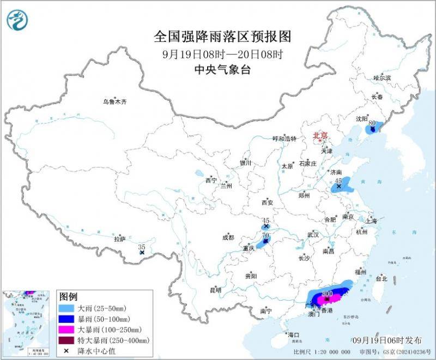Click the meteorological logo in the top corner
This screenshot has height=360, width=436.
click(17, 20)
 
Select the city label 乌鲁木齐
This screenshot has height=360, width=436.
click(114, 101)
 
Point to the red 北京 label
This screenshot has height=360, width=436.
click(320, 136)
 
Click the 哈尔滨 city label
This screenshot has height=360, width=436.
click(382, 78)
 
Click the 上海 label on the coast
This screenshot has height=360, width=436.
click(371, 221)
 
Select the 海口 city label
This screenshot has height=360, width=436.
click(293, 335)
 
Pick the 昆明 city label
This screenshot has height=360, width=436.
click(215, 290)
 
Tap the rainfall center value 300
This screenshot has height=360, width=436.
click(328, 295)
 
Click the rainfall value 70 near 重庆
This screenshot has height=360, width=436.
click(266, 235)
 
